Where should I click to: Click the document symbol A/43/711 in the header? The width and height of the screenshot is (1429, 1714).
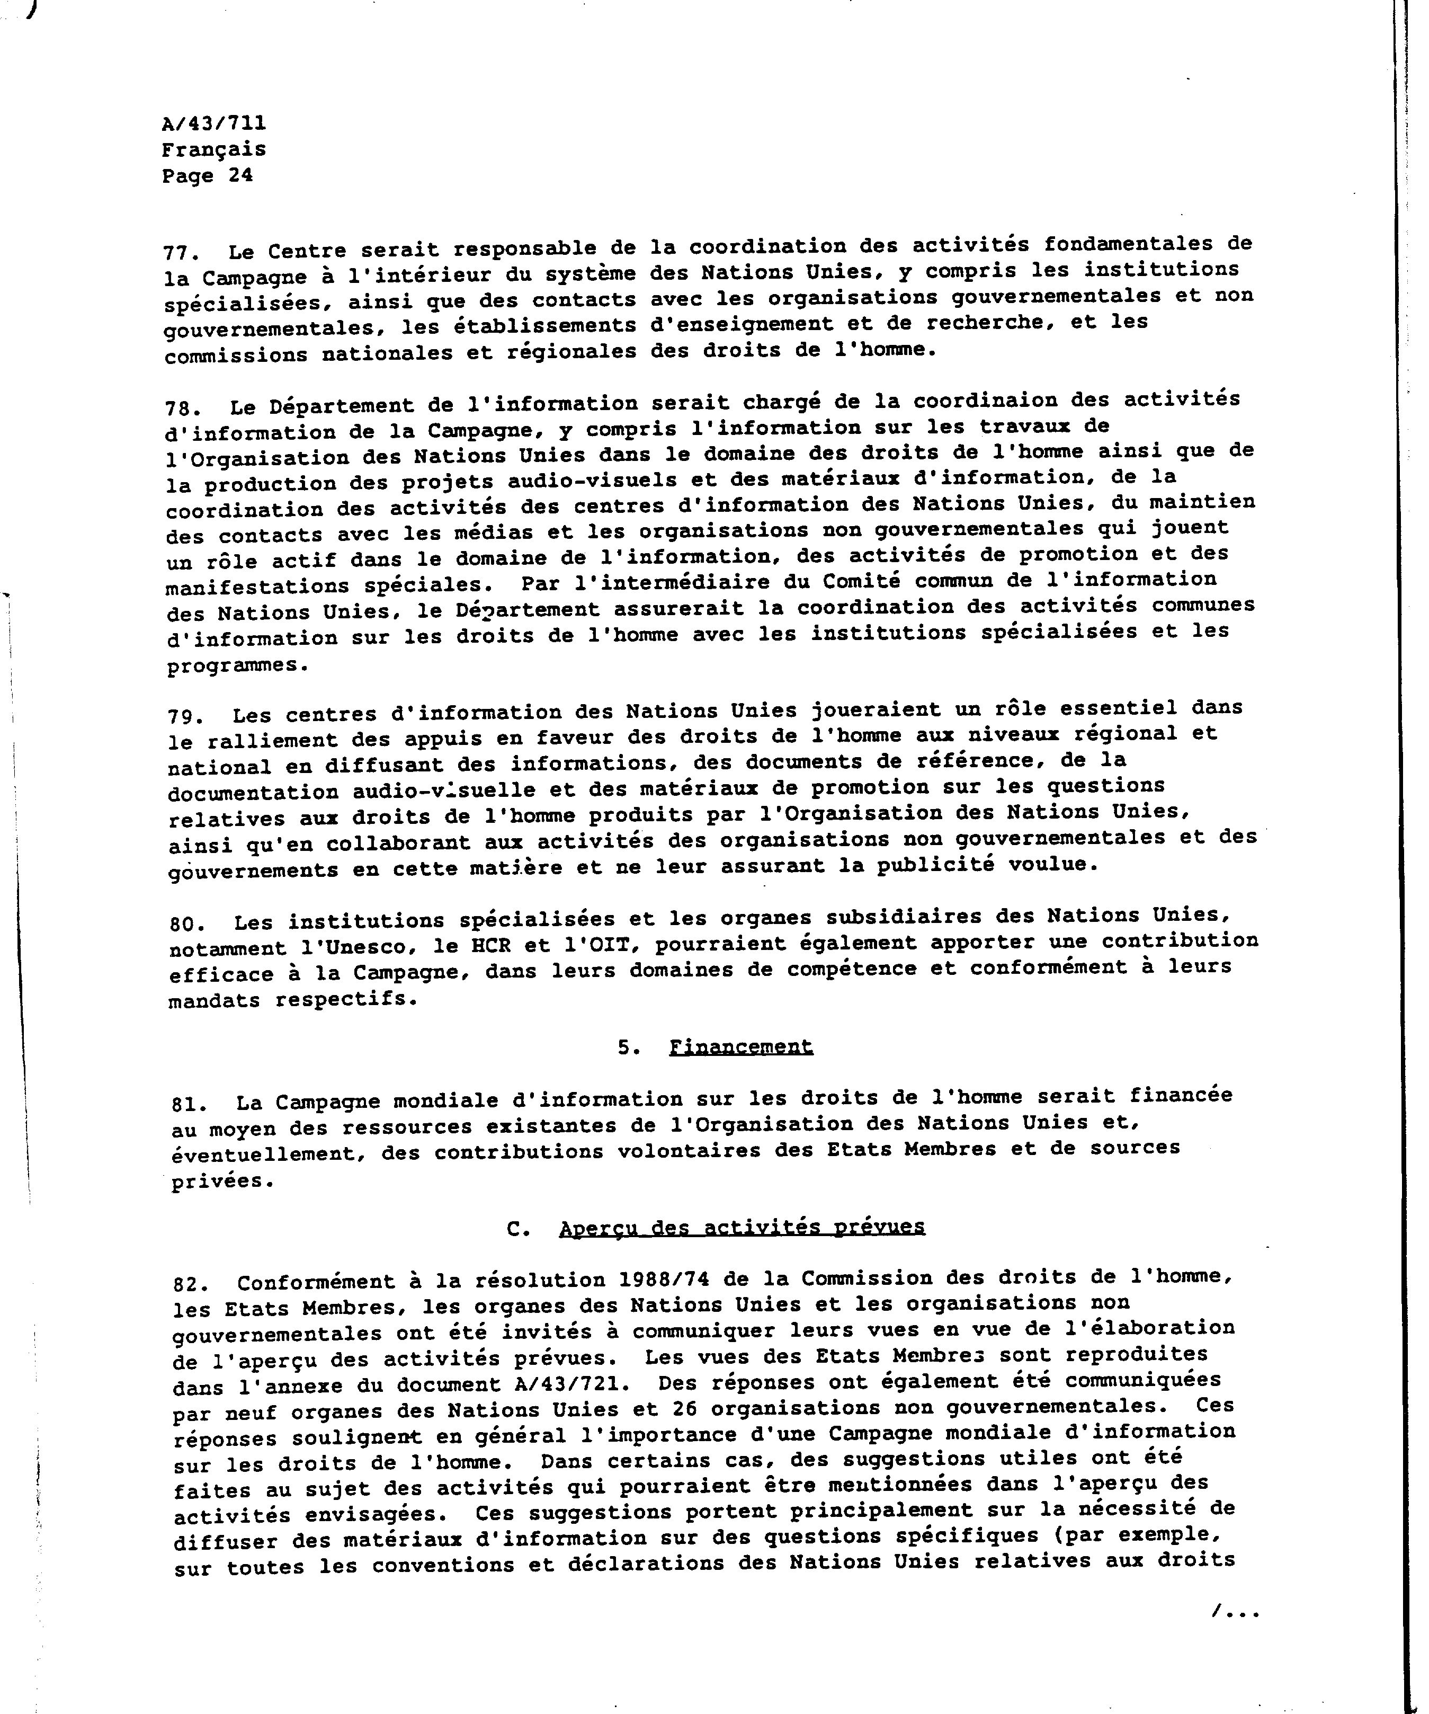(x=214, y=123)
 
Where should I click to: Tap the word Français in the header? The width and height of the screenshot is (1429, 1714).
(x=214, y=150)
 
